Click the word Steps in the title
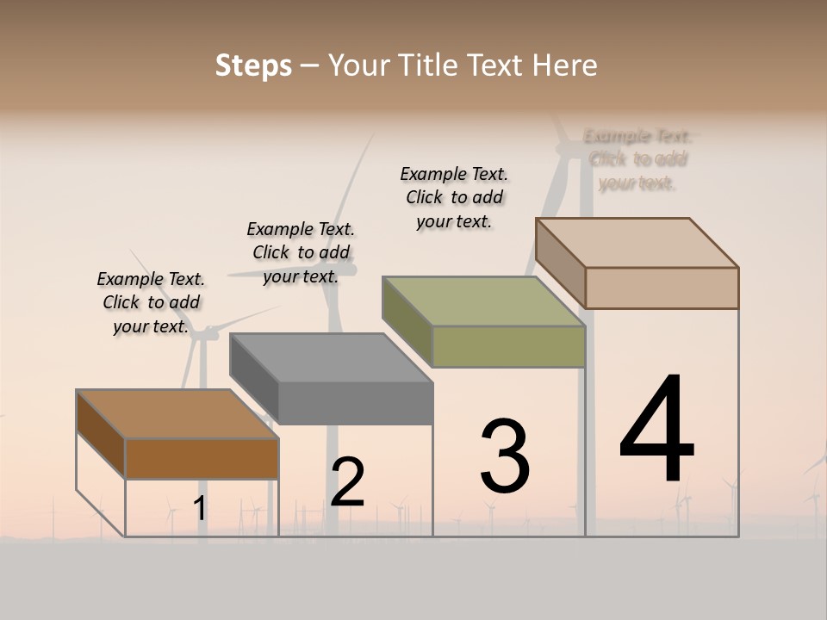pos(253,65)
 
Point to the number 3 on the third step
pos(505,456)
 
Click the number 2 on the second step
pos(347,482)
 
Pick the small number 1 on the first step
pos(200,509)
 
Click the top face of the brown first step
pos(177,414)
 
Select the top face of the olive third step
pos(484,301)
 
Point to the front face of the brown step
pos(202,458)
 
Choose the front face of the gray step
pos(355,403)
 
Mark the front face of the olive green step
pos(508,346)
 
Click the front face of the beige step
pos(662,288)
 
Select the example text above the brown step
pos(151,302)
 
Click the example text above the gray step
pos(301,252)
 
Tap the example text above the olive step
pos(454,197)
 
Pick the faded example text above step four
pos(637,159)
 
